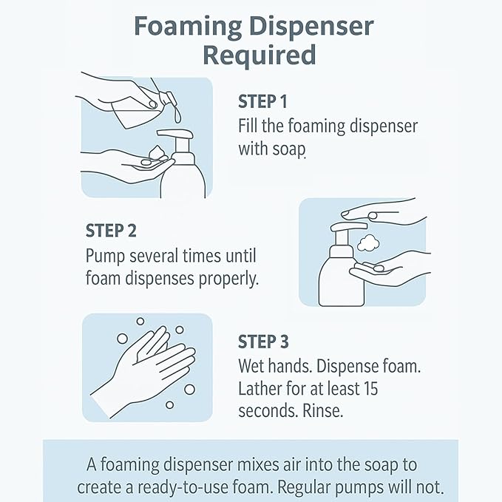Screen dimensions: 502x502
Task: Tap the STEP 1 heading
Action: [262, 101]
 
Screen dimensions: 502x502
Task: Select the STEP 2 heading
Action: [111, 230]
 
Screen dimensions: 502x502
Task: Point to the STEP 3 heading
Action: [263, 342]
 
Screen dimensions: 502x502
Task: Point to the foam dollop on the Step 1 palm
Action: [157, 155]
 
